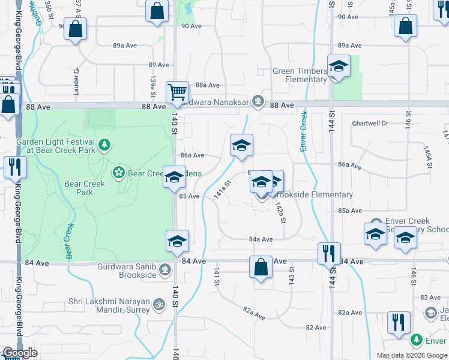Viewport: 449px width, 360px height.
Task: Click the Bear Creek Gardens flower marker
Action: (118, 173)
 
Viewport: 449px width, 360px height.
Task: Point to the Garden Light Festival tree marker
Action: (105, 144)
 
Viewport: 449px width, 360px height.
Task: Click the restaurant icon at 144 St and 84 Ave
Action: (329, 253)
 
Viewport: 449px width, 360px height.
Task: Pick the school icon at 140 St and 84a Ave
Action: (177, 241)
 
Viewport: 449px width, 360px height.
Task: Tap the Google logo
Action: (20, 353)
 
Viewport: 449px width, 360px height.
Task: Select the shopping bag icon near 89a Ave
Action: (76, 29)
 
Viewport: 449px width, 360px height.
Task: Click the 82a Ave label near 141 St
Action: (254, 316)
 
